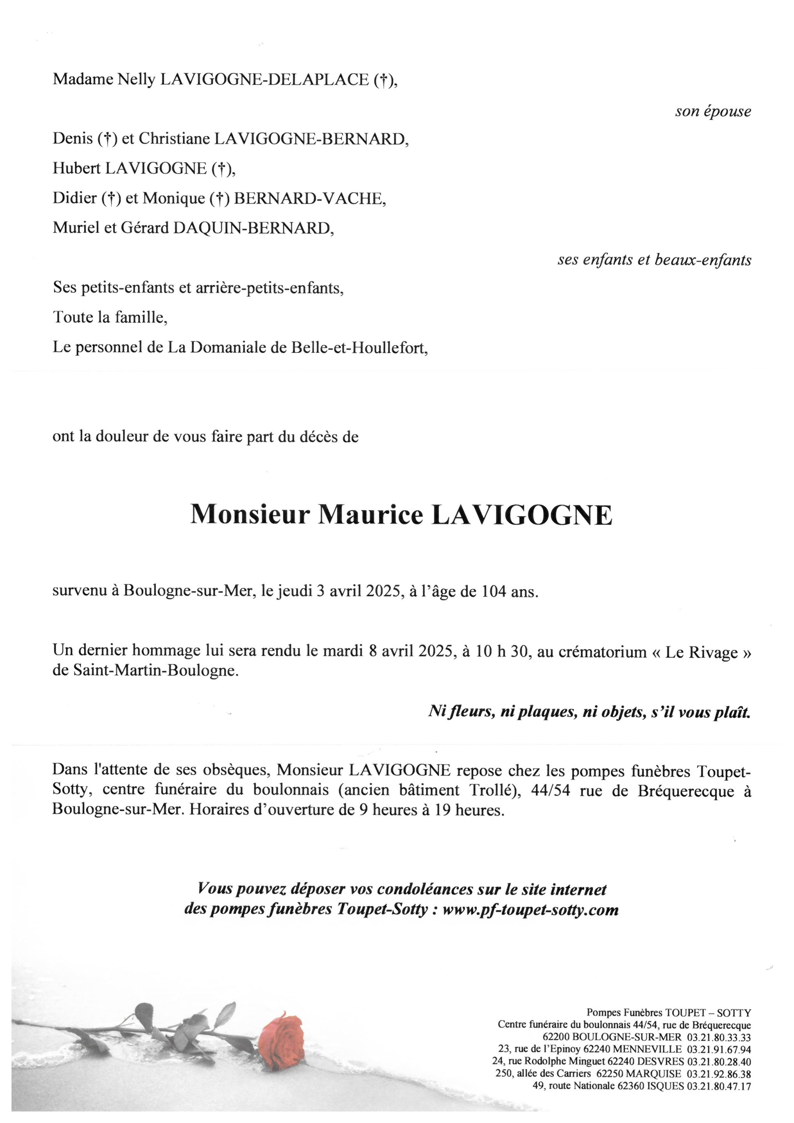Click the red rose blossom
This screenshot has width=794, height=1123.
point(280,1040)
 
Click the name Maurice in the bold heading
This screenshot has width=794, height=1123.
point(371,515)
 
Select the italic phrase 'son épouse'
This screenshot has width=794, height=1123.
point(713,112)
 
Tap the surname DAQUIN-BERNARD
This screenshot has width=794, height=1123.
point(253,228)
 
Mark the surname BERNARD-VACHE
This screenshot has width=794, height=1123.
point(309,198)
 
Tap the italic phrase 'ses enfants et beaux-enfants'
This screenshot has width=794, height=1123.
point(654,260)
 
